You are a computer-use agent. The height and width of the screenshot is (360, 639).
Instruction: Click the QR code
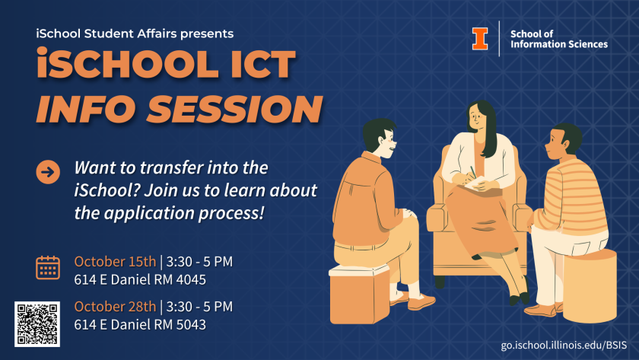tap(37, 324)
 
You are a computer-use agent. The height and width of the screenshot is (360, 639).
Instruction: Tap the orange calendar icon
tap(48, 268)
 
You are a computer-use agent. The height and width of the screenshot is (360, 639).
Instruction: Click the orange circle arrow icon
tap(48, 172)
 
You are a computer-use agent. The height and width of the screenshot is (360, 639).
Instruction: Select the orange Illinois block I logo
tap(480, 39)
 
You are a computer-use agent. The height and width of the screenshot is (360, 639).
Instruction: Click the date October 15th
tap(115, 261)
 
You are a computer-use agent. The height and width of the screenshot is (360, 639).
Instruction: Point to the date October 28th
tap(115, 306)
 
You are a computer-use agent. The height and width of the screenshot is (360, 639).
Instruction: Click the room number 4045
tap(191, 279)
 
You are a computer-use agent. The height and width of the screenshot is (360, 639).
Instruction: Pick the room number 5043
tap(191, 324)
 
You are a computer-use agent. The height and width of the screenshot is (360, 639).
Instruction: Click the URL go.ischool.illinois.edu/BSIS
tap(564, 345)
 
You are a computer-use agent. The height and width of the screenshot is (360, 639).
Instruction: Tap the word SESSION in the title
tap(235, 110)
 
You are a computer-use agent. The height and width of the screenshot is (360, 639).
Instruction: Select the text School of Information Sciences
tap(558, 39)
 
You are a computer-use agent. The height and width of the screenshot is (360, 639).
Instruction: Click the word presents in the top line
tap(207, 33)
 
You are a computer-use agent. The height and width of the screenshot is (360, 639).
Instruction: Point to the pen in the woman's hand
tap(473, 172)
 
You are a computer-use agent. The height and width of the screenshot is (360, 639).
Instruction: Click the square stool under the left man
tap(359, 294)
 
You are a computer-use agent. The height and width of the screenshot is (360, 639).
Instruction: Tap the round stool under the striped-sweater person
tap(590, 286)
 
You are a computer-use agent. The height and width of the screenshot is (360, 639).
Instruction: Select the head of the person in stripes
tap(564, 142)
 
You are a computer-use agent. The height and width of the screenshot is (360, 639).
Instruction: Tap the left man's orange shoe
tap(421, 303)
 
